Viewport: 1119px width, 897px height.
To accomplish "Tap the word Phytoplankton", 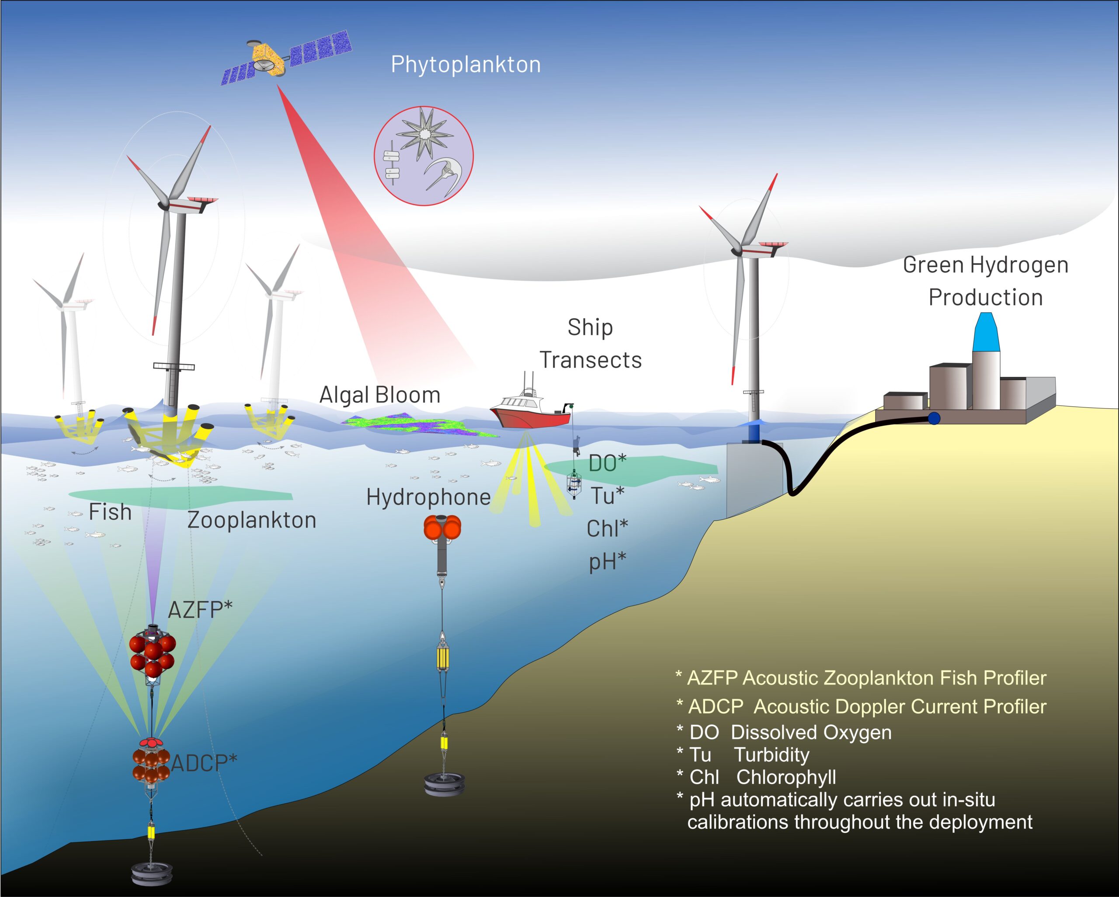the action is (x=466, y=65).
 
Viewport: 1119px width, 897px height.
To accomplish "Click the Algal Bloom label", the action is (x=380, y=395).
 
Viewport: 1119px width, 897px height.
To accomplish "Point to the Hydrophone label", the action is (x=429, y=497).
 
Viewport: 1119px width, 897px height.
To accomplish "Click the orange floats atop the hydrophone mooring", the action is (x=443, y=527).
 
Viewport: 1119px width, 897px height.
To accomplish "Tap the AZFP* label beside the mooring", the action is (x=200, y=609).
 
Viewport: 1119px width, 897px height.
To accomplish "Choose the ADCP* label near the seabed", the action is (x=204, y=762).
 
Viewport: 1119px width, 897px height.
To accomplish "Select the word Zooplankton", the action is (x=252, y=520).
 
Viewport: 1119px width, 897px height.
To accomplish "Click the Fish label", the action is (x=110, y=512).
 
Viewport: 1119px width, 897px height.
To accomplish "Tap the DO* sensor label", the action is (x=608, y=463).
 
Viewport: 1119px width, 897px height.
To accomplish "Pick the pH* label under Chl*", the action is (x=607, y=561).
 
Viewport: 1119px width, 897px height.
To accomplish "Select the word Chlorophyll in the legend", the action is (x=786, y=777).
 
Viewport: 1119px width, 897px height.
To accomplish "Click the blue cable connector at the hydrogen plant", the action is (x=934, y=418).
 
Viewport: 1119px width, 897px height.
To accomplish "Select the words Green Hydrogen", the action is (x=986, y=265).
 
